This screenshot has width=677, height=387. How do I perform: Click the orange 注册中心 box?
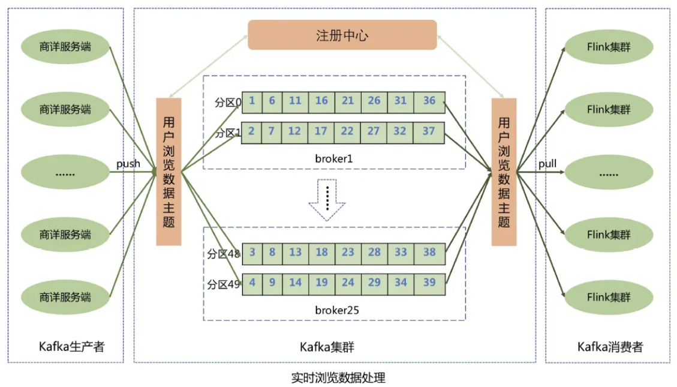coord(342,35)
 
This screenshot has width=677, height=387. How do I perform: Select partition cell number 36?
coord(429,101)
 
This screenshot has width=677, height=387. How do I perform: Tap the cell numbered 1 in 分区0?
coord(252,101)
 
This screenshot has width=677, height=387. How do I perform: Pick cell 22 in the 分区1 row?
coord(348,131)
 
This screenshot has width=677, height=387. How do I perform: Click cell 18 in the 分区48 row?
coord(321,253)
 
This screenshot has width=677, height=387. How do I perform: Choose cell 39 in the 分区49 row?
coord(429,283)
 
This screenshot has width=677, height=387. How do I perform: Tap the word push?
coord(129,163)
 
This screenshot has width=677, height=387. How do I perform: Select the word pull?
coord(547,164)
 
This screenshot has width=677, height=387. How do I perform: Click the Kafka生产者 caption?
coord(71,347)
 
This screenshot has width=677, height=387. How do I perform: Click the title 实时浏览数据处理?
coord(338,378)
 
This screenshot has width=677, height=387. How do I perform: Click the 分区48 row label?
coord(224,254)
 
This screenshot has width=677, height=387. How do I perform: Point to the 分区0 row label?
coord(228,103)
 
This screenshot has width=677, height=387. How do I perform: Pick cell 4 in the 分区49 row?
coord(252,283)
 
